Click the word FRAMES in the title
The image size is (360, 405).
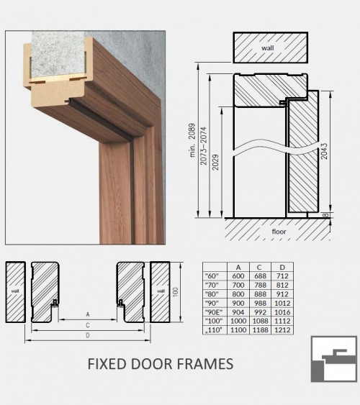pos(205,364)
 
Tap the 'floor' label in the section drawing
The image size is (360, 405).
pos(279,232)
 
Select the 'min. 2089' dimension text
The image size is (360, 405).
pos(192,140)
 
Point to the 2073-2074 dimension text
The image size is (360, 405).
pos(204,146)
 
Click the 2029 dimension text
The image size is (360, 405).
pos(215,163)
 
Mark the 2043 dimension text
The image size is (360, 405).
pos(324,151)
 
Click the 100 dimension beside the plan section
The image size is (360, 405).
pos(175,292)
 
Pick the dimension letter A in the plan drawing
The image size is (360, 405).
pos(88,314)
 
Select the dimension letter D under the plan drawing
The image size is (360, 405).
pos(88,335)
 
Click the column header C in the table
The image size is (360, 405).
pos(259,267)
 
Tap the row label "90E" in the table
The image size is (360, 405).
pos(214,312)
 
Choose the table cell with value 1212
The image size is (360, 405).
pos(282,330)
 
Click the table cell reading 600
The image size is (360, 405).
pos(238,276)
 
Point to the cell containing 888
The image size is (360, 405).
pos(260,294)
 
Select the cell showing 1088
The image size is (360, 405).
pos(260,321)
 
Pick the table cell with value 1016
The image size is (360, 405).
pos(282,312)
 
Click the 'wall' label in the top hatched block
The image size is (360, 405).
pos(268,47)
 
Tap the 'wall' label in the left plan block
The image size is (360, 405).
pos(15,291)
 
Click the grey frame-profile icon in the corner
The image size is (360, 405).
pos(334,359)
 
